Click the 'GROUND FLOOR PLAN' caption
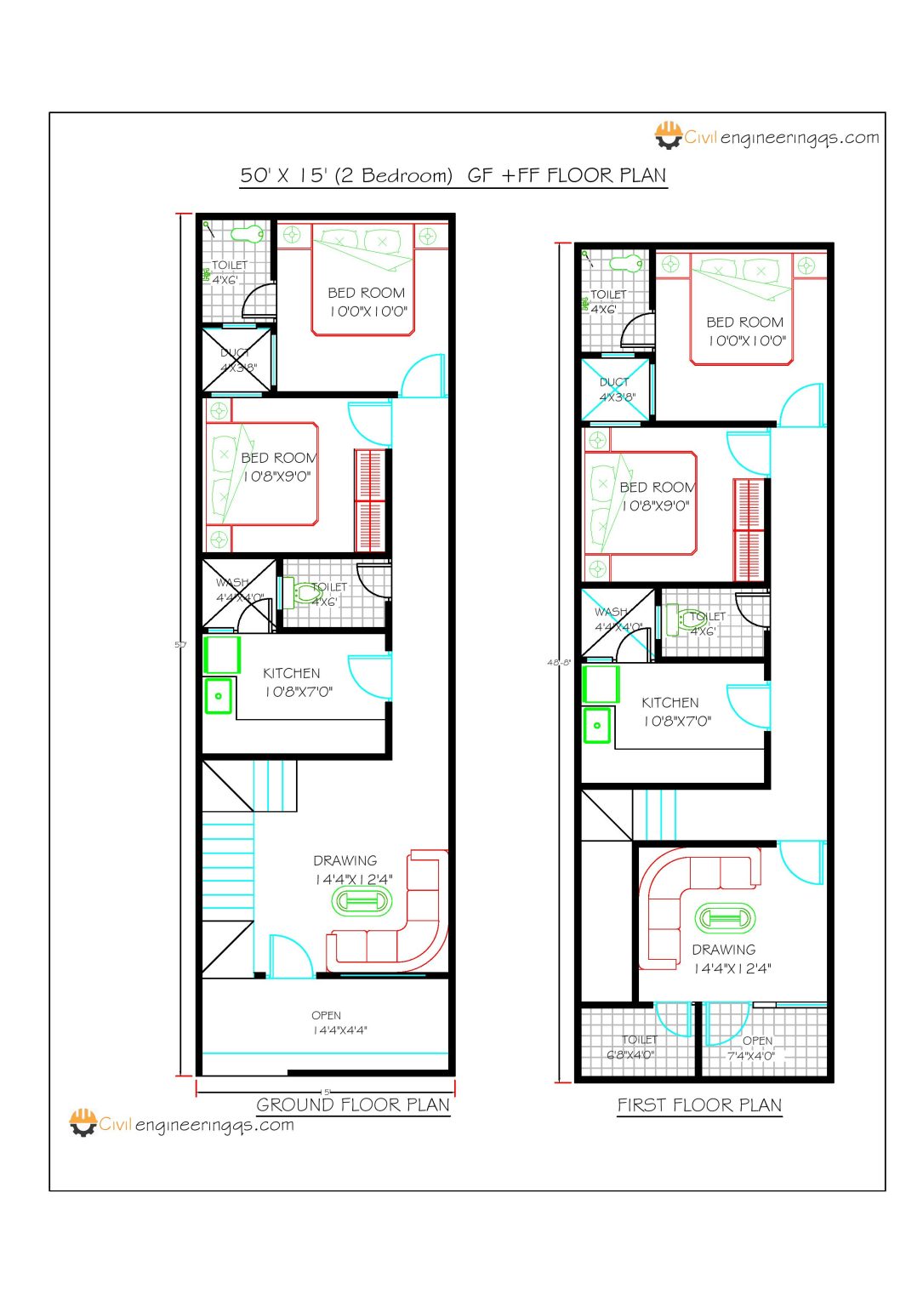[x=353, y=1104]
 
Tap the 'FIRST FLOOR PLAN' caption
[x=699, y=1104]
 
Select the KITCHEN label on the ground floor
[x=291, y=673]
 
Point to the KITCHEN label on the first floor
[x=670, y=703]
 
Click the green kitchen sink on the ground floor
[x=219, y=695]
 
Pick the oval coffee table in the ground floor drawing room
[x=362, y=901]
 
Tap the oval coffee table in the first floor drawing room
[x=725, y=918]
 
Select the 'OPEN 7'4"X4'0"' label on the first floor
[x=752, y=1048]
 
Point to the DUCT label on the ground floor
[x=236, y=360]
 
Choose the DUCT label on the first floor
[x=615, y=390]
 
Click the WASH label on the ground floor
[x=232, y=583]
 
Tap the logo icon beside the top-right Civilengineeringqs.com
[x=669, y=135]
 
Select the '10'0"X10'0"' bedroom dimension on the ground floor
[x=368, y=311]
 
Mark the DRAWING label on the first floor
[x=724, y=950]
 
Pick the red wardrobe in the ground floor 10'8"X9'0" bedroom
[x=370, y=500]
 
